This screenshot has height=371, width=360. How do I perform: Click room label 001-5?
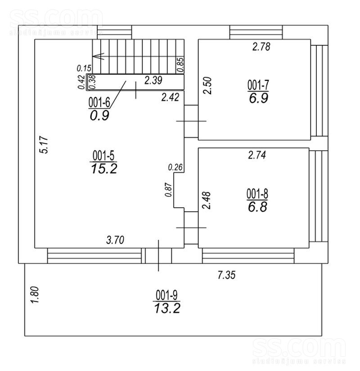[103, 156]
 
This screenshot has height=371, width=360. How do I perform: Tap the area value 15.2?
[104, 169]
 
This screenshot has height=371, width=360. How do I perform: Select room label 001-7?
[258, 85]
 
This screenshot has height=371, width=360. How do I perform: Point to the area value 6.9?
[258, 98]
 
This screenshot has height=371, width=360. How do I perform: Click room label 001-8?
[257, 194]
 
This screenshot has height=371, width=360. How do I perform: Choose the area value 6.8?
[257, 207]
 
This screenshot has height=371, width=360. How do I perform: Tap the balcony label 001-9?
[166, 295]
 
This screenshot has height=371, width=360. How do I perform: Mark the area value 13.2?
[167, 308]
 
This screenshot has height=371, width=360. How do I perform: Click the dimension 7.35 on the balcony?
[227, 275]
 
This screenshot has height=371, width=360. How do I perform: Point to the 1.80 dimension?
[35, 295]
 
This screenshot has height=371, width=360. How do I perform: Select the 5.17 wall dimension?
[44, 144]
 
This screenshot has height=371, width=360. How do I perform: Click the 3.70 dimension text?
[115, 240]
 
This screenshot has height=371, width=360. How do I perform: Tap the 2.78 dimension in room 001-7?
[261, 47]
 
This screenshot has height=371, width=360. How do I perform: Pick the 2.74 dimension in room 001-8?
[257, 155]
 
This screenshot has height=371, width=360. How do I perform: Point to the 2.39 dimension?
[153, 80]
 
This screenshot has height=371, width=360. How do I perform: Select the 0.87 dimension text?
[168, 190]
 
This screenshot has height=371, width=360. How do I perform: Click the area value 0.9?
[99, 116]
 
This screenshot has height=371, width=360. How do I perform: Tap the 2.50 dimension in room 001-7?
[207, 85]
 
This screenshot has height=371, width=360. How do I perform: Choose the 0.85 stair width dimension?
[180, 65]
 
